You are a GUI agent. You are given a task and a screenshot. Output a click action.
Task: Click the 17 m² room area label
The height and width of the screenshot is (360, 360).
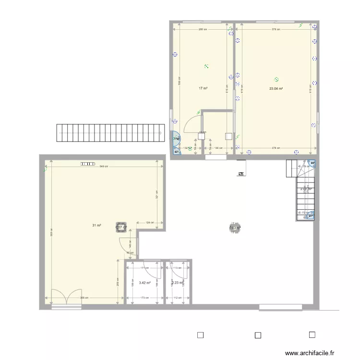click(x=203, y=88)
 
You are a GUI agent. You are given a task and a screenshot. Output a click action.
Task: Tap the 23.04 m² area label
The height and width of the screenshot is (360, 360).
click(x=276, y=88)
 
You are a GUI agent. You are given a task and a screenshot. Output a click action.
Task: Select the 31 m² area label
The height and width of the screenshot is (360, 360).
click(x=97, y=225)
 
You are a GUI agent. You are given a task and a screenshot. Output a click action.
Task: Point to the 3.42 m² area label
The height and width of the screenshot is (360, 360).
click(x=144, y=283)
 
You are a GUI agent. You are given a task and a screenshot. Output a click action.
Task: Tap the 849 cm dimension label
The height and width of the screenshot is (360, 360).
click(x=103, y=167)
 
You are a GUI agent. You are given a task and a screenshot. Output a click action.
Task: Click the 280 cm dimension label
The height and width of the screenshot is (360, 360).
click(x=203, y=30)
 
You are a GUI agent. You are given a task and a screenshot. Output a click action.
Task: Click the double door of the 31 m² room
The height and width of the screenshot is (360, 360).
click(x=66, y=297)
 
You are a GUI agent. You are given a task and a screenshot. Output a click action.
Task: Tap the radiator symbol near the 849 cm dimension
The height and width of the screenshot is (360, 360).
click(x=88, y=163)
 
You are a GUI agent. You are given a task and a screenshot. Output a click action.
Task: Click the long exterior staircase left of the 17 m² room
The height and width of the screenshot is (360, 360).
click(x=109, y=133)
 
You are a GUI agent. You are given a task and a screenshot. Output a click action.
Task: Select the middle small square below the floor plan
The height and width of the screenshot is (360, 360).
click(x=257, y=336)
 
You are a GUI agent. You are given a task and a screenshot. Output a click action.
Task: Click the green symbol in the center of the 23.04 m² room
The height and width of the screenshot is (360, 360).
click(x=276, y=79)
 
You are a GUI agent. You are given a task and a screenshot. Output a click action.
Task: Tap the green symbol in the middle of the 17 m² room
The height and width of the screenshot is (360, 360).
click(x=206, y=66)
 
